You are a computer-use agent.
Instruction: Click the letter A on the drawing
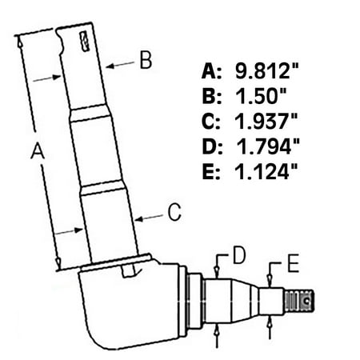(x=35, y=149)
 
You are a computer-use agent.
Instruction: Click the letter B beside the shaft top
(x=145, y=60)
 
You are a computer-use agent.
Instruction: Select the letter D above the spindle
(x=238, y=256)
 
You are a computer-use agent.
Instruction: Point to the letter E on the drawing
(x=294, y=265)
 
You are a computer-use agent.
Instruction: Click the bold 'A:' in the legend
(x=212, y=70)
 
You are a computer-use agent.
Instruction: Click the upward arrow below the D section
(x=218, y=334)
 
